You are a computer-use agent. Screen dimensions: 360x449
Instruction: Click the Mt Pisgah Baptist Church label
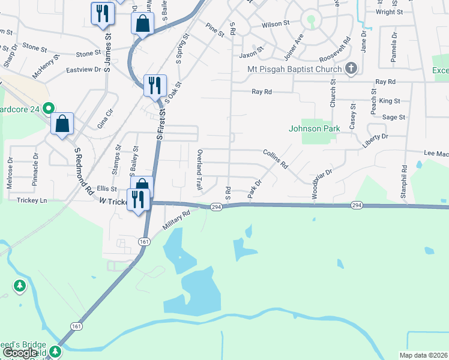tap(294, 69)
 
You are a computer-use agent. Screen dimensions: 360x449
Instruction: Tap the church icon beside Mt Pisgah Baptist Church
tap(352, 69)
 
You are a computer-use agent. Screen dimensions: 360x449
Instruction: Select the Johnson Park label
tap(315, 128)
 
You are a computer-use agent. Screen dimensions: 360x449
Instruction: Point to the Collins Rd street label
tap(276, 158)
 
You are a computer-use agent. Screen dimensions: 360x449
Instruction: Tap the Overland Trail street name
tap(200, 170)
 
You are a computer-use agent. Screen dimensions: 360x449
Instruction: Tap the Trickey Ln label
tap(32, 200)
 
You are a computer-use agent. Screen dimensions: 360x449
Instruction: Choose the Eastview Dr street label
tap(83, 70)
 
